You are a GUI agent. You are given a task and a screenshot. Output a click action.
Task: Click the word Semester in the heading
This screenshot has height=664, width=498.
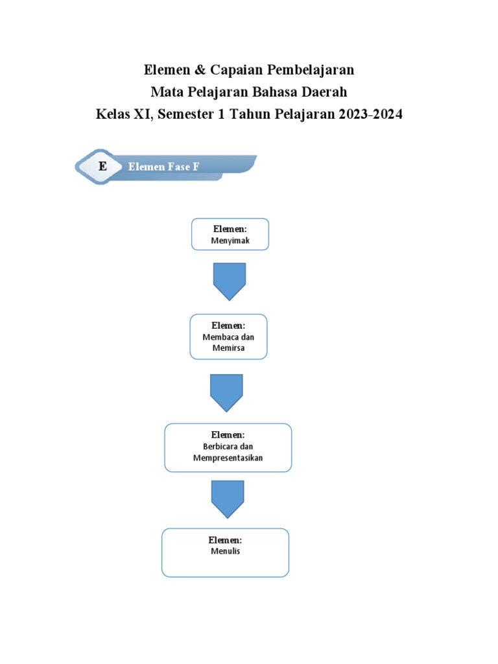point(185,115)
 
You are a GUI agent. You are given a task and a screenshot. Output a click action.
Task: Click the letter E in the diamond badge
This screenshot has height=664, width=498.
point(102,167)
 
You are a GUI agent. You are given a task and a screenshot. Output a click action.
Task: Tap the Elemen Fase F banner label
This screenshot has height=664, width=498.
point(163,167)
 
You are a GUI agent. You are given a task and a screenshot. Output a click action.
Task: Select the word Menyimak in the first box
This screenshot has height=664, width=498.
point(230,241)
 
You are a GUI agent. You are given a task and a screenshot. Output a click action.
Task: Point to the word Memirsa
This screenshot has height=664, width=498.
point(228,348)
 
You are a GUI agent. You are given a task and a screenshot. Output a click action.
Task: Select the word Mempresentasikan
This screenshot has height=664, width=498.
point(228,458)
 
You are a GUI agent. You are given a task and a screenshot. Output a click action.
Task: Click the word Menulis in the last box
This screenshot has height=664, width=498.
point(225,551)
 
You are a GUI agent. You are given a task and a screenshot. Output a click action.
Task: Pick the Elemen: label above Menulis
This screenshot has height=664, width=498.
point(225,540)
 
